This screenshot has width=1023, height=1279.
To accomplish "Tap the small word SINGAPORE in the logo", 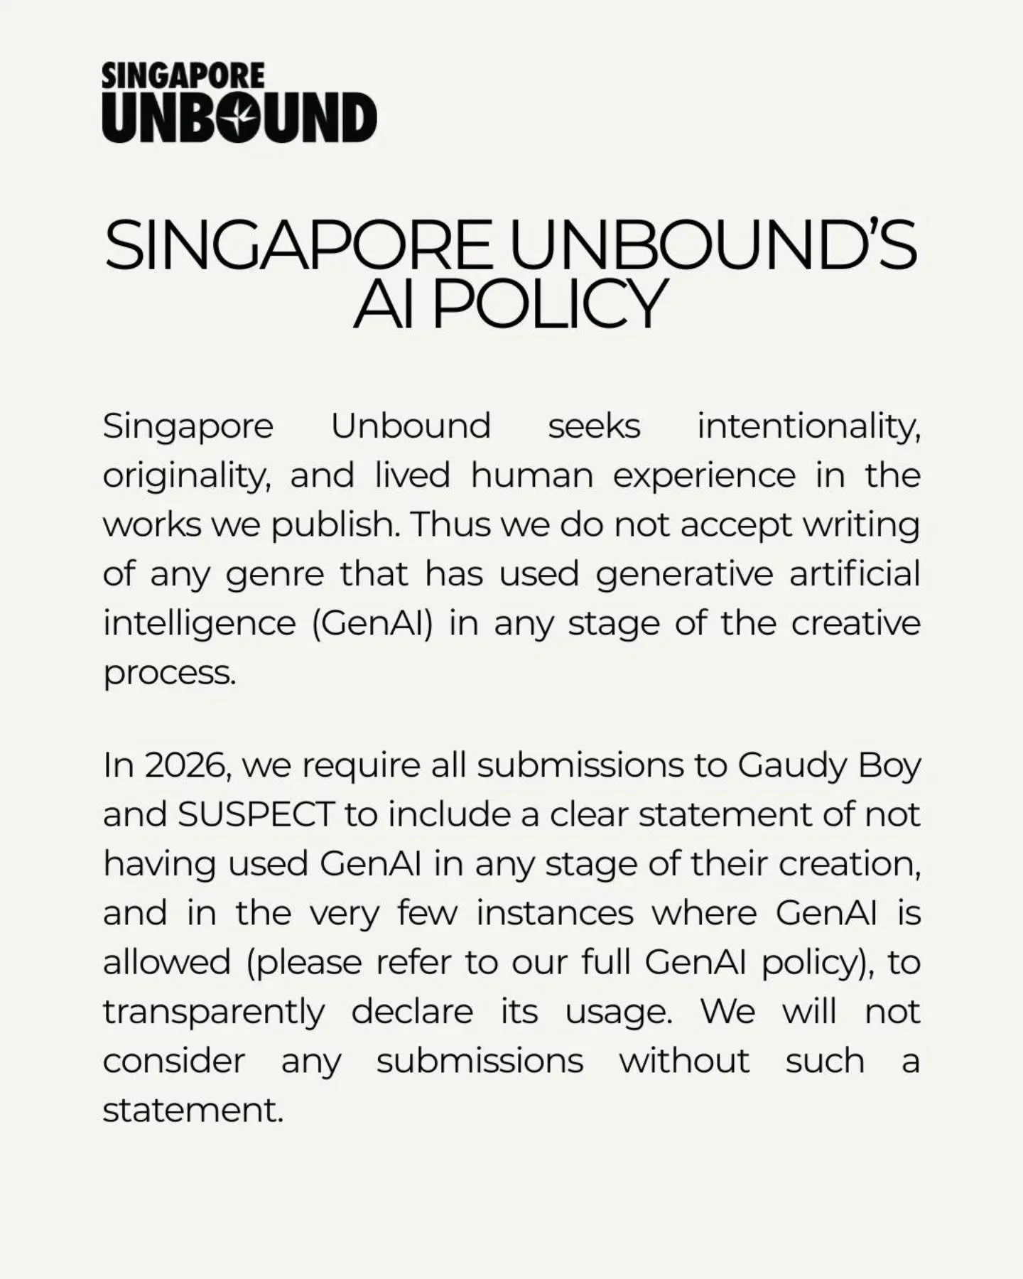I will point(183,76).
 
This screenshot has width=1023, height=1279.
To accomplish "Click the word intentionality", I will point(808,427).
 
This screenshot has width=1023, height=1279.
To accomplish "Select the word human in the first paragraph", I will point(532,475).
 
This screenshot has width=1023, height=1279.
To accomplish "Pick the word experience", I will point(704,476).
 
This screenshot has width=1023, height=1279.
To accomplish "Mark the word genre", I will point(274,575).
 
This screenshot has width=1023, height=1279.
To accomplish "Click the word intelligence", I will point(199,624).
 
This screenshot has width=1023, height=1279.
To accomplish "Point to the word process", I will point(169,673).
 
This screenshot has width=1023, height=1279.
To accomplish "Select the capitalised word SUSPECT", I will point(256,815).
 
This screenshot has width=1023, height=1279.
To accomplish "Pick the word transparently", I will point(214,1012).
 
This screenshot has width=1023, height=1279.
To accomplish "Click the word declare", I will point(412,1011).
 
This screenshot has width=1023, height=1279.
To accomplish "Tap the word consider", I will point(174,1061).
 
